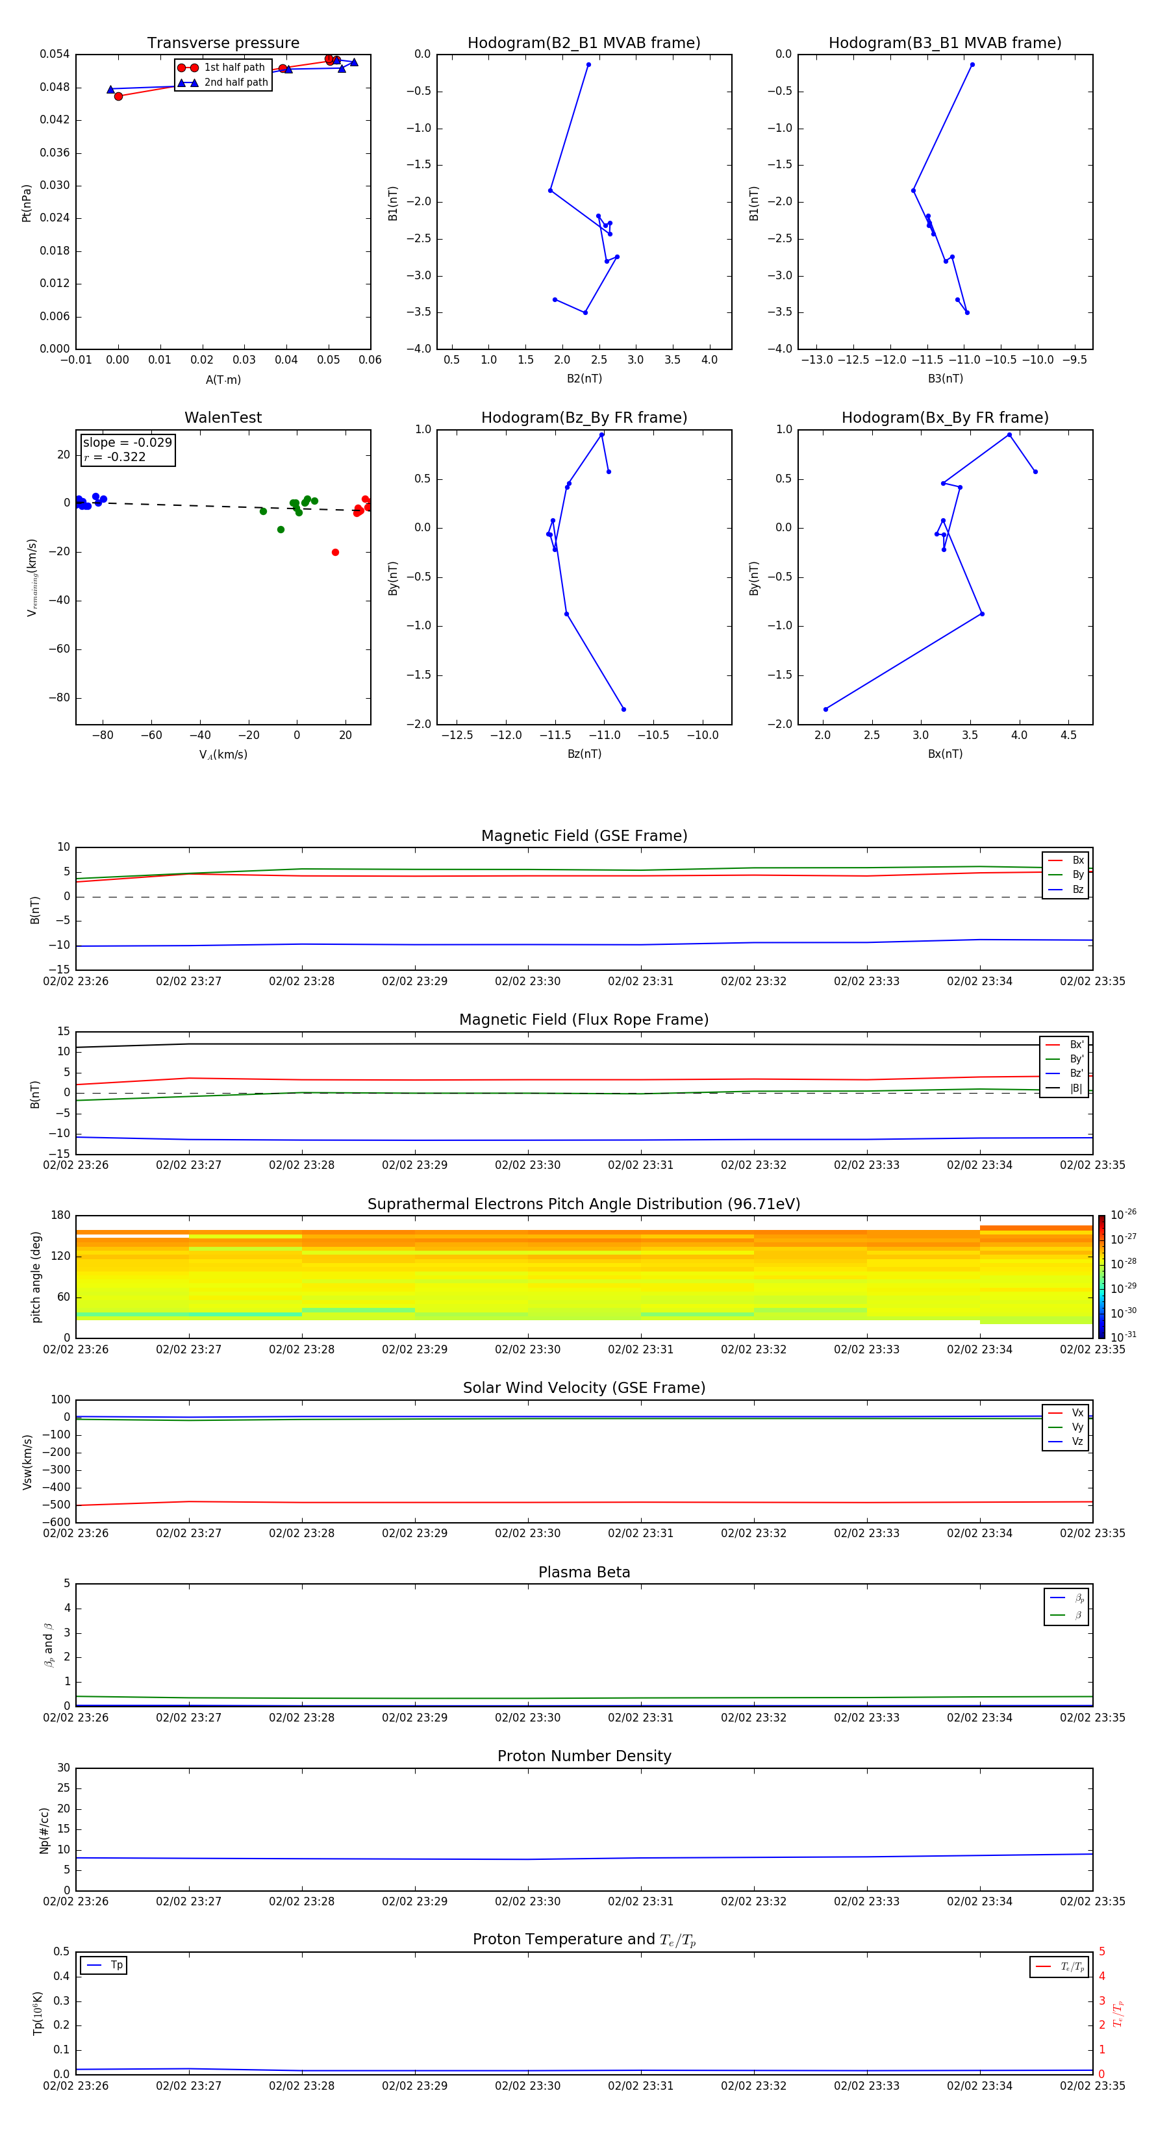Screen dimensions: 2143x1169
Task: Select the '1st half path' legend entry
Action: pos(234,68)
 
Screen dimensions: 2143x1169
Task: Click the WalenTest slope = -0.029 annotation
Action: pos(127,443)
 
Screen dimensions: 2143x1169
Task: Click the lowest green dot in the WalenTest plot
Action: pos(281,530)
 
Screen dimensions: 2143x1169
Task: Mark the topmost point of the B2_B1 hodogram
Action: pos(588,65)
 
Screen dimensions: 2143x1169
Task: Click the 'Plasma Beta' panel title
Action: pos(584,1572)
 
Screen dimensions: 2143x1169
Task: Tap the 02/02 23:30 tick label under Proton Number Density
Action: pos(527,1901)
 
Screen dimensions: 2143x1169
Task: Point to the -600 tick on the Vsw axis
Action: pos(56,1522)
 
